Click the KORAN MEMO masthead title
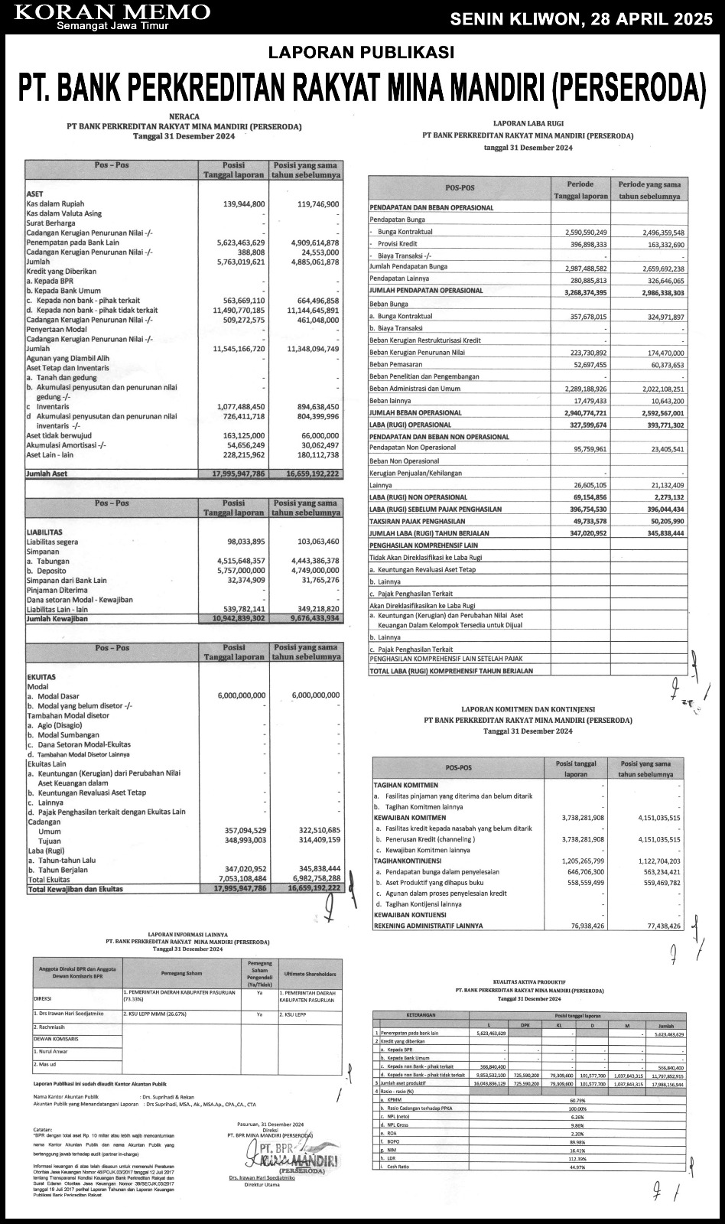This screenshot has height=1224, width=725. [112, 11]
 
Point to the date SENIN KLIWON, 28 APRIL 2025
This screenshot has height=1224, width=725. [581, 19]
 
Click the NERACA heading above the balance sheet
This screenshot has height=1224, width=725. [184, 116]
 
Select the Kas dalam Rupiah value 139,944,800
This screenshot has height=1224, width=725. [244, 204]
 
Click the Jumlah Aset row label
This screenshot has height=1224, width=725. [47, 474]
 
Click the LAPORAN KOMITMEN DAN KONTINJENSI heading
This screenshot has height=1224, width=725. [528, 709]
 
